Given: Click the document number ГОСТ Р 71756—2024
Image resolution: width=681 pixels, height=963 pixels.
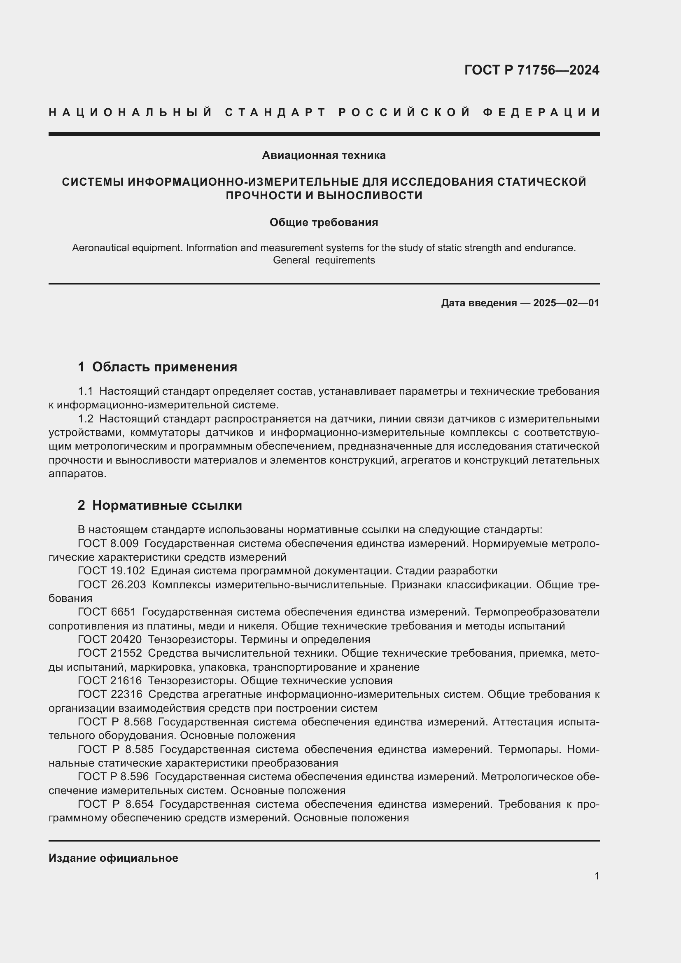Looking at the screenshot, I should point(531,70).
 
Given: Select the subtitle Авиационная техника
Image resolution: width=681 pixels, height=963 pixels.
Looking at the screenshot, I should point(324,155).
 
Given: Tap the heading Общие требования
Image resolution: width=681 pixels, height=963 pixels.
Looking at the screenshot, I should point(324,222).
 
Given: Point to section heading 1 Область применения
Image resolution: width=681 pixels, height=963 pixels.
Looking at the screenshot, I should point(157,367).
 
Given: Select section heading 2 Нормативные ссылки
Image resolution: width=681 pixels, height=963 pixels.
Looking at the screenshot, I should point(160,506).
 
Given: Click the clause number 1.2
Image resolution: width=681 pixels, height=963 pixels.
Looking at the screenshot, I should point(86,419).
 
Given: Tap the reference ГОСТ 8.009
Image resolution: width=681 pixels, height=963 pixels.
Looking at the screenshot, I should point(108,543).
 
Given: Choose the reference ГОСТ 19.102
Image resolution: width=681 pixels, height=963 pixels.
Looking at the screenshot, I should point(112,571).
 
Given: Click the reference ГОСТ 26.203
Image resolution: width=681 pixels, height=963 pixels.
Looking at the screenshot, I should point(112,585).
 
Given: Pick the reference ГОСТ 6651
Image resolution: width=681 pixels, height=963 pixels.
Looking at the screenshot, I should point(107,612).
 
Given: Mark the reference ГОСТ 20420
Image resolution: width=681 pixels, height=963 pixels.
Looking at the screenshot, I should point(110,640).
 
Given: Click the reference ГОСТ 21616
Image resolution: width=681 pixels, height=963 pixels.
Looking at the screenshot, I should point(110,680).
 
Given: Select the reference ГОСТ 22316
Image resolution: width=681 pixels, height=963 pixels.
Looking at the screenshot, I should point(110,694).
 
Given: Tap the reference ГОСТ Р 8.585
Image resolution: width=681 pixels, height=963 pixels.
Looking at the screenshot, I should point(116,749).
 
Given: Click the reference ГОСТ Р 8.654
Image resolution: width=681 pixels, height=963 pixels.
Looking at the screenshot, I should point(116,804).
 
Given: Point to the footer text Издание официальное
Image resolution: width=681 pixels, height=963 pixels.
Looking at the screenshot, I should point(113,858).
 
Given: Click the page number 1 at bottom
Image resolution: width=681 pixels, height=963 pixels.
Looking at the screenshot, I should point(596,876).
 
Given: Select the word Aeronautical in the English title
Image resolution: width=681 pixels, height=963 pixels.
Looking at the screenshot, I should point(97,248).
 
